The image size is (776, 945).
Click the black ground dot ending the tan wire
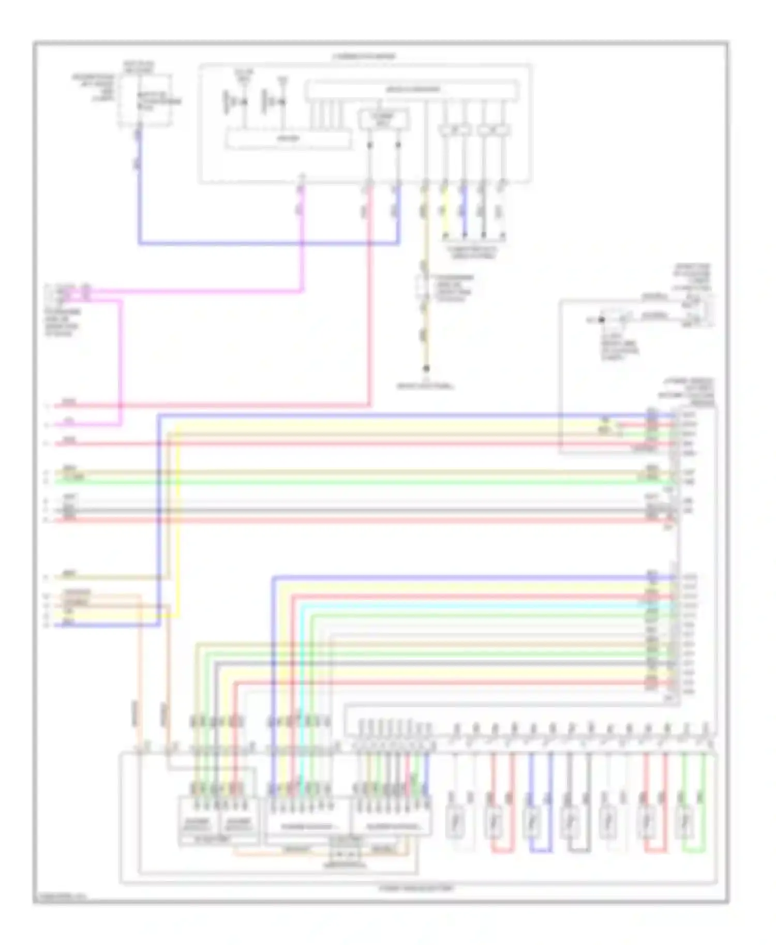tap(426, 369)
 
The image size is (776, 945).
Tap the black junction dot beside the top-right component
tap(602, 320)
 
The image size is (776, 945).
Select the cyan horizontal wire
tap(466, 605)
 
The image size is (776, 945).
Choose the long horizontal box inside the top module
tap(412, 90)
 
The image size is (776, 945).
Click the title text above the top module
tap(364, 56)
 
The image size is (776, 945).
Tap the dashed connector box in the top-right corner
tap(698, 310)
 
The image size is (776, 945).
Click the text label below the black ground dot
tap(426, 386)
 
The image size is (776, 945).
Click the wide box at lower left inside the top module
tap(288, 139)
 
